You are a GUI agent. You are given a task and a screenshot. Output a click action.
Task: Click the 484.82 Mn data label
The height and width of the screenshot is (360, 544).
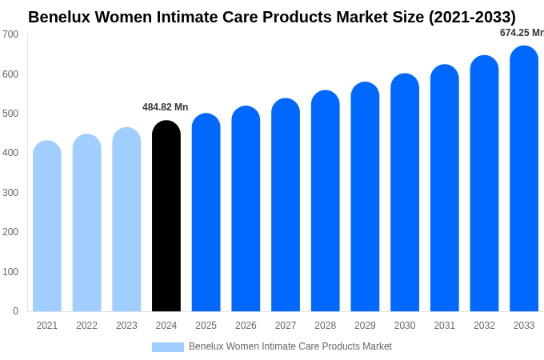pyautogui.click(x=165, y=107)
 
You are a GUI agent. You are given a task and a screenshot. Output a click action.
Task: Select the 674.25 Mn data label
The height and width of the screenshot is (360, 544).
pyautogui.click(x=521, y=33)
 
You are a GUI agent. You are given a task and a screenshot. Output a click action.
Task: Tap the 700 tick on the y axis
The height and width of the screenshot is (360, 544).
pyautogui.click(x=10, y=34)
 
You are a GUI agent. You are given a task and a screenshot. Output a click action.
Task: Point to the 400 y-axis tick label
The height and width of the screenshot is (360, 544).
pyautogui.click(x=10, y=153)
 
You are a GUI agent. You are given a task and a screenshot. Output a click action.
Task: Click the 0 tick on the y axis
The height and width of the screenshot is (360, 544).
pyautogui.click(x=15, y=311)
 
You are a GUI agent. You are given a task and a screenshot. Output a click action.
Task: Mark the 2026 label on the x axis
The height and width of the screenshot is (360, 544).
pyautogui.click(x=246, y=326)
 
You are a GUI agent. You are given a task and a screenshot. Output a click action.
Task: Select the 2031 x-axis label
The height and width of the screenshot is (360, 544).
pyautogui.click(x=445, y=326)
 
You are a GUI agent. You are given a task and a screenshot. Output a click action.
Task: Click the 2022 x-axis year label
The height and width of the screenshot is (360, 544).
pyautogui.click(x=86, y=326)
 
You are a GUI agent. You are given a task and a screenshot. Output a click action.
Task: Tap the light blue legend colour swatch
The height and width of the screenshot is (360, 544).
pyautogui.click(x=168, y=347)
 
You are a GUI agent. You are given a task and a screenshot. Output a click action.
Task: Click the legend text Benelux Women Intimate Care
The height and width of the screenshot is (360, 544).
pyautogui.click(x=290, y=346)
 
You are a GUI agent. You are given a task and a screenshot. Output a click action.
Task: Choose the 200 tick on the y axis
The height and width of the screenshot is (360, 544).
pyautogui.click(x=10, y=232)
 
